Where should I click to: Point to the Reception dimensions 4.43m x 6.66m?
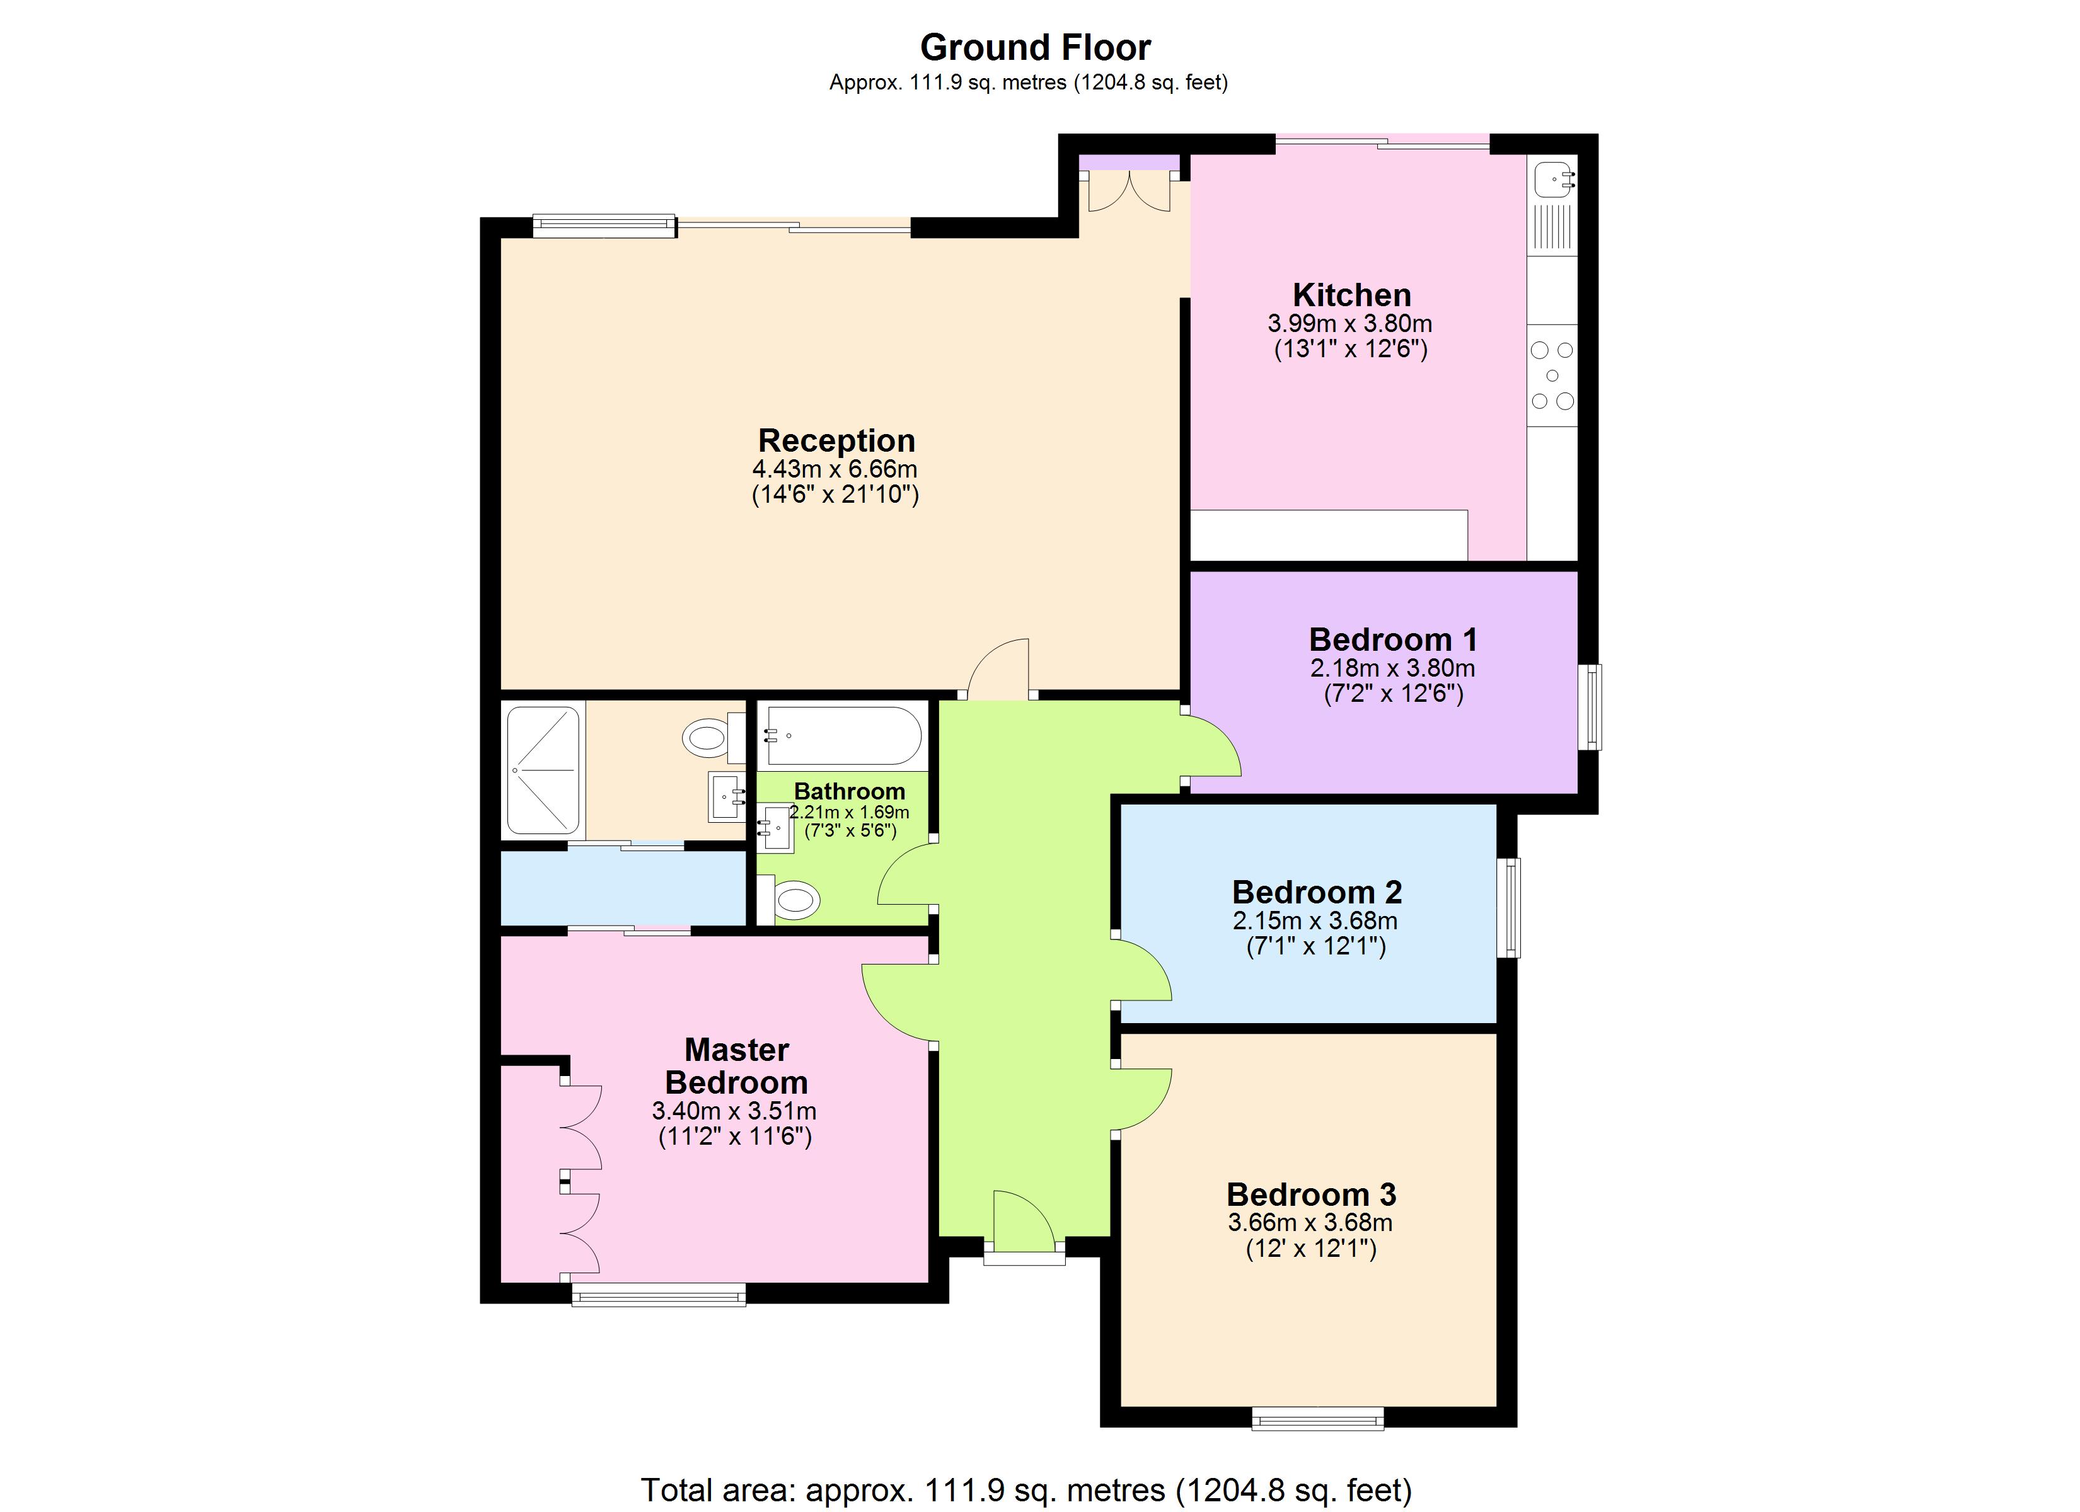pyautogui.click(x=835, y=469)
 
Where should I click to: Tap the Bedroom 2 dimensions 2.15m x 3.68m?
pyautogui.click(x=1315, y=920)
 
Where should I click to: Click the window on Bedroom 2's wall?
pyautogui.click(x=1509, y=908)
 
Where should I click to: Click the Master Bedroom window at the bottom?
pyautogui.click(x=659, y=1295)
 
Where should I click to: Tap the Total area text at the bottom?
pyautogui.click(x=1026, y=1490)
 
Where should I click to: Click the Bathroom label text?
pyautogui.click(x=848, y=791)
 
